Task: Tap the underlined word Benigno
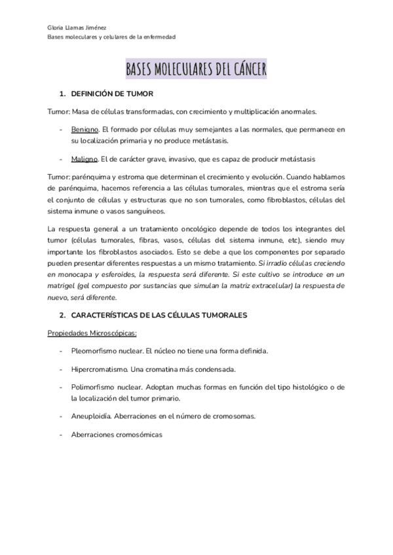84,130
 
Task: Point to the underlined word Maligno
84,159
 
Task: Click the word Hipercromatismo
100,368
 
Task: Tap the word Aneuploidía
92,416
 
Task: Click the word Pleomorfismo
95,351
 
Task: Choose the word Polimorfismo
94,387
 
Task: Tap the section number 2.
62,315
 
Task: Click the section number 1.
62,94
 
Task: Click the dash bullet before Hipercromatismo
61,368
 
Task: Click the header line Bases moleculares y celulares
111,37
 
